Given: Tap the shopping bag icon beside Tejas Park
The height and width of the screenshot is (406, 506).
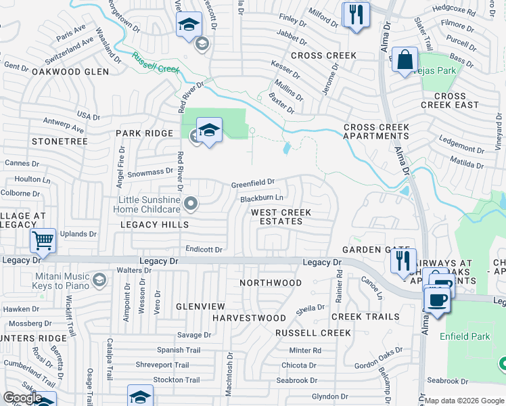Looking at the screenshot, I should pos(405,60).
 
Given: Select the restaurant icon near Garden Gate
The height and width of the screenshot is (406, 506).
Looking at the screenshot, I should pos(403,261).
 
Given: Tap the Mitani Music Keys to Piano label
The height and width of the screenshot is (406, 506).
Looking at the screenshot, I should pos(61,281).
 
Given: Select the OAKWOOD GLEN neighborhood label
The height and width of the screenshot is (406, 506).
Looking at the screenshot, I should pos(70,71).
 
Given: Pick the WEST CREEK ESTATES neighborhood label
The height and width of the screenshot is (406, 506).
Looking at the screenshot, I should pos(281,217).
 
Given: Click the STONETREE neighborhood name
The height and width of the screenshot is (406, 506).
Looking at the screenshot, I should pos(60,141).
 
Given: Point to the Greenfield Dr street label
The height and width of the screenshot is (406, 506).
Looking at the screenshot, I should pos(253,182).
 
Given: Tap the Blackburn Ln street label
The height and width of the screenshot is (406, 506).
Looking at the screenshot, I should pos(261,198).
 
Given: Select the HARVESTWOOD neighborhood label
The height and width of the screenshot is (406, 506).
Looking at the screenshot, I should pos(249,317).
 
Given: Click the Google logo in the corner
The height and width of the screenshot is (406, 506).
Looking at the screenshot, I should pos(22,398).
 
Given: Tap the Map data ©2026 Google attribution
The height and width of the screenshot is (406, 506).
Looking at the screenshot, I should pos(464,401).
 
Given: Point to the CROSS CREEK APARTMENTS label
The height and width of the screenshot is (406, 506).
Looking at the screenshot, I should pos(375,131).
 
